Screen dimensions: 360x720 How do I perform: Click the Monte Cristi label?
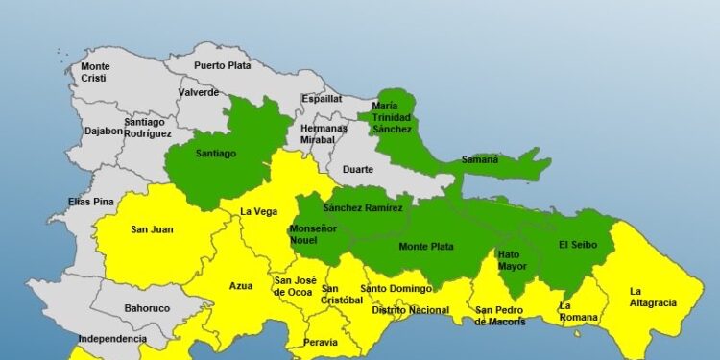[x=95, y=72]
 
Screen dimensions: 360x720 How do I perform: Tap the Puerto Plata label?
[x=222, y=66]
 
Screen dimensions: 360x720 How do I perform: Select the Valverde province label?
[x=199, y=93]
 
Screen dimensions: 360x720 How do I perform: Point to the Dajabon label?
[x=103, y=132]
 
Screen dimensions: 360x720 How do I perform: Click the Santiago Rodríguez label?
[x=148, y=128]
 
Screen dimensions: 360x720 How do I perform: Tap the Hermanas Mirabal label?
[x=324, y=133]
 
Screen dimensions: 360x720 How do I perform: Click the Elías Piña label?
[x=92, y=202]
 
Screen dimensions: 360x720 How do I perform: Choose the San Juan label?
[x=152, y=229]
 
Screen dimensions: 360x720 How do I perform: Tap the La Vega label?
[x=257, y=212]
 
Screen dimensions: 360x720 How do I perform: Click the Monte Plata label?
[x=427, y=247]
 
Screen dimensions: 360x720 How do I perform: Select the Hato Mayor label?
[x=512, y=260]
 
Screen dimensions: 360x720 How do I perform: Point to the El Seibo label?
[x=579, y=245]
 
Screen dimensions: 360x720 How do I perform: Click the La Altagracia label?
[x=653, y=297]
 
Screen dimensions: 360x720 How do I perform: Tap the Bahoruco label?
[x=147, y=310]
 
